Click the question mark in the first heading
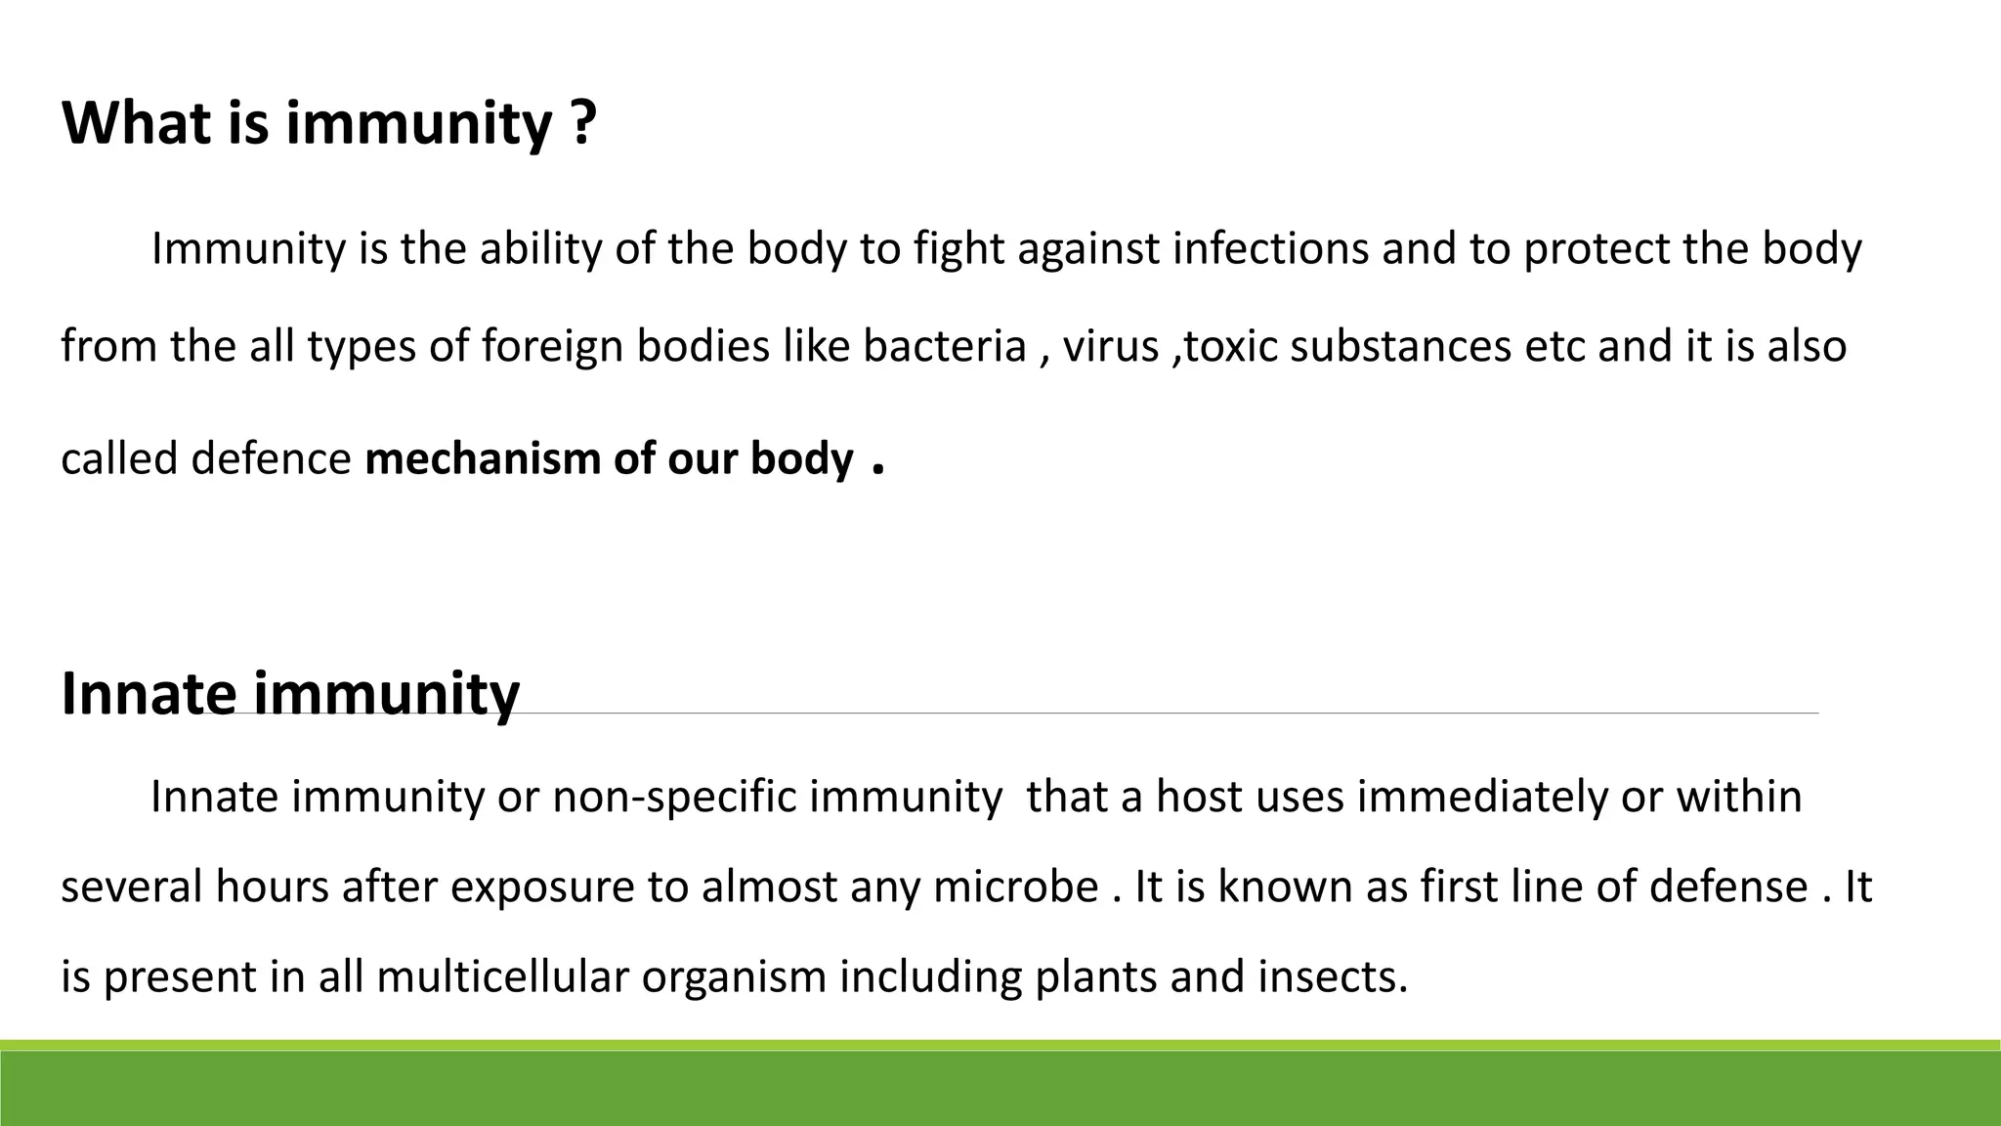(x=582, y=124)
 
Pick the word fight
(x=958, y=249)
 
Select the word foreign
(x=552, y=347)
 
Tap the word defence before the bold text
(x=271, y=459)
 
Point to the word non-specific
(x=674, y=797)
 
